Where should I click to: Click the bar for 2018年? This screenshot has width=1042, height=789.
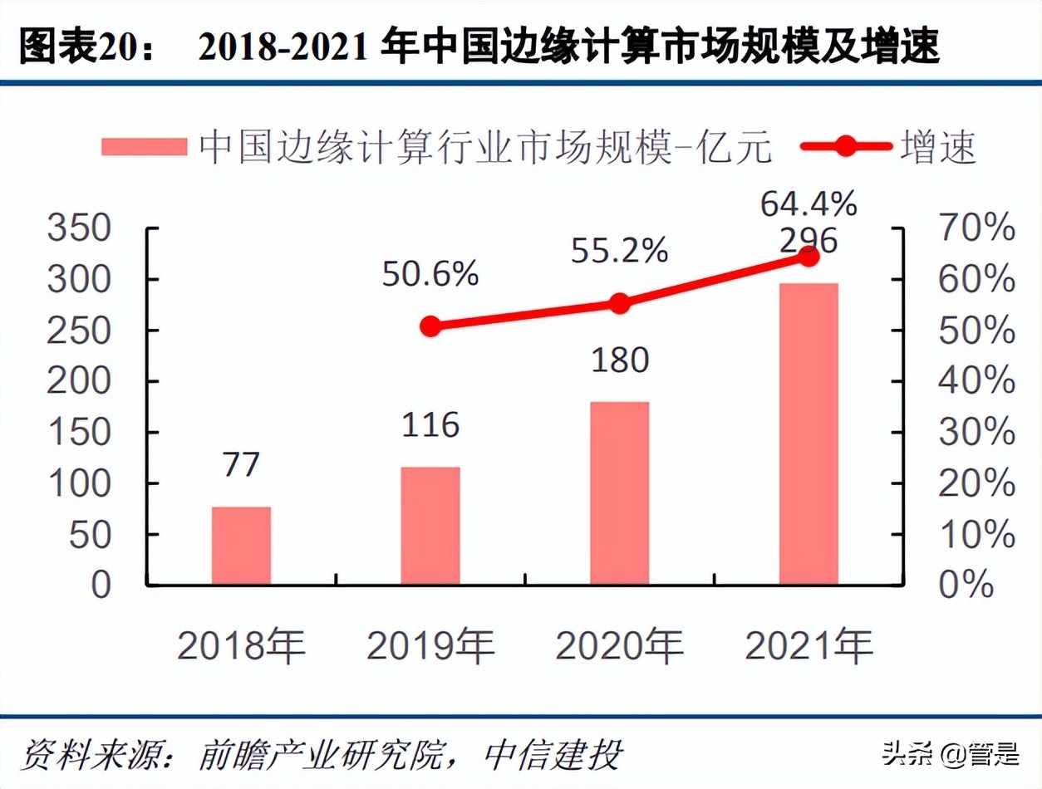pyautogui.click(x=241, y=546)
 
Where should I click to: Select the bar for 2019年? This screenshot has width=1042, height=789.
pyautogui.click(x=430, y=526)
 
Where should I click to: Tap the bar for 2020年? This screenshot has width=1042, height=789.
pyautogui.click(x=619, y=493)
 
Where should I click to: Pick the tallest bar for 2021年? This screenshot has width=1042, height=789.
pyautogui.click(x=808, y=434)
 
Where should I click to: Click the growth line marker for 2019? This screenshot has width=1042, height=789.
pyautogui.click(x=430, y=326)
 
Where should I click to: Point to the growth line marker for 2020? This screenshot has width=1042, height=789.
pyautogui.click(x=619, y=303)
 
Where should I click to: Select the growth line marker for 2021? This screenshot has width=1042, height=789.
pyautogui.click(x=808, y=257)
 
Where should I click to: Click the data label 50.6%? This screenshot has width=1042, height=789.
pyautogui.click(x=430, y=275)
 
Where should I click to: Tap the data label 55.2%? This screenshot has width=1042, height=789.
pyautogui.click(x=619, y=250)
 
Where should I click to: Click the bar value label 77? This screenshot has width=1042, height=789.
pyautogui.click(x=241, y=464)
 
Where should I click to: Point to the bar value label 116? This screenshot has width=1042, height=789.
pyautogui.click(x=430, y=425)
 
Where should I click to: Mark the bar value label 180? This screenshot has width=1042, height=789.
pyautogui.click(x=619, y=360)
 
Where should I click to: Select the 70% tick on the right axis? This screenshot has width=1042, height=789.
pyautogui.click(x=976, y=228)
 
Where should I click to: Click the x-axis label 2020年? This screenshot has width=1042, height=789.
pyautogui.click(x=619, y=646)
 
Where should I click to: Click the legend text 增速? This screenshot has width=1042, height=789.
pyautogui.click(x=937, y=147)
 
